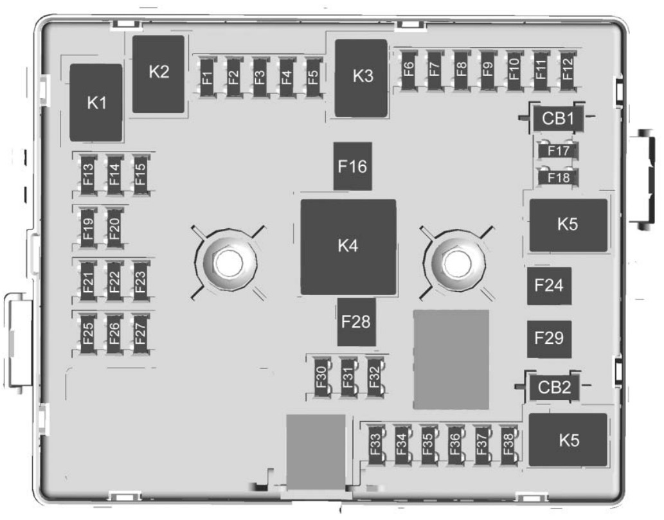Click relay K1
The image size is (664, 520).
(96, 102)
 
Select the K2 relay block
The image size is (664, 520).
(159, 73)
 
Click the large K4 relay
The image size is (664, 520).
(348, 247)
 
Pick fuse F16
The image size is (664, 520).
(352, 166)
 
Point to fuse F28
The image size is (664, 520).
(356, 321)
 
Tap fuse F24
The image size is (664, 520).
(550, 285)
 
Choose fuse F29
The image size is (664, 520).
(550, 338)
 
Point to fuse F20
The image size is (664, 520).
(114, 227)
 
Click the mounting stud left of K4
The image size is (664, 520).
(226, 262)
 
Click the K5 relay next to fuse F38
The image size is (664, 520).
(568, 440)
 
